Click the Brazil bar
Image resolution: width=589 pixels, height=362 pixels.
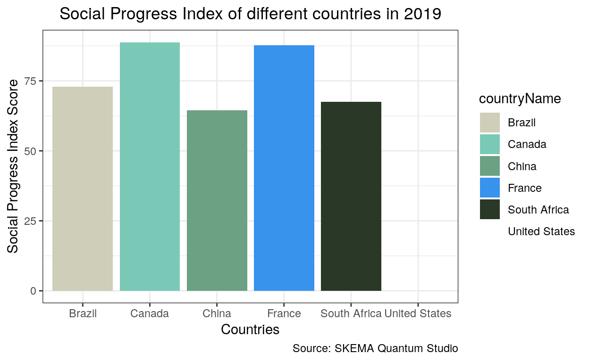pos(83,189)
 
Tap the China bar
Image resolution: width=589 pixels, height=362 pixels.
pos(217,200)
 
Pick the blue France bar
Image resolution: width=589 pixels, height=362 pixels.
pos(284,168)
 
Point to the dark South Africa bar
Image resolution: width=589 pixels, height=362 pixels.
pos(351,196)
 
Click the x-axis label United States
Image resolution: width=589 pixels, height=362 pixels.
pos(418,313)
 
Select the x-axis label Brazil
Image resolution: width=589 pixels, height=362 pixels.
pos(83,313)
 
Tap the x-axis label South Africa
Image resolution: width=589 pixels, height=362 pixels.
pos(351,313)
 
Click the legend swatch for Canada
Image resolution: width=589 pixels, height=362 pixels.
pos(490,144)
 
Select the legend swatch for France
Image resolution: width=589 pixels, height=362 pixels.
pos(490,188)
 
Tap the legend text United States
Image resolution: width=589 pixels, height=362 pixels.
pos(541,231)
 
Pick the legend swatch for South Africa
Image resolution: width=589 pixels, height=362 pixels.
pos(490,209)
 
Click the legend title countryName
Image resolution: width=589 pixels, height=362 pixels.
pos(520,99)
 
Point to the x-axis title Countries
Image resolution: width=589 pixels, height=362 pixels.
pos(250,329)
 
